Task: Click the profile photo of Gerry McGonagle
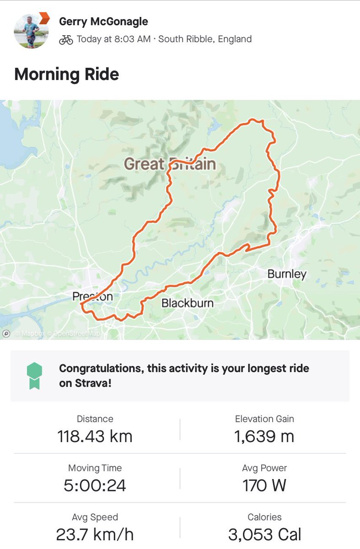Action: coord(31,31)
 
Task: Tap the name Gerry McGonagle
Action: coord(103,22)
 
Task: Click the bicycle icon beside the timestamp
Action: coord(66,39)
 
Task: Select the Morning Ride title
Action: coord(67,74)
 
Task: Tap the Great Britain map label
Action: coord(170,163)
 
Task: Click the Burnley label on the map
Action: coord(287,274)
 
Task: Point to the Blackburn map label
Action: coord(188,302)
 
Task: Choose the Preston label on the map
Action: coord(92,296)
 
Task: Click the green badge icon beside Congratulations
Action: coord(35,376)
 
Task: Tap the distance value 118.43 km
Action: coord(95,436)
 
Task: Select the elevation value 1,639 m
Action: coord(264,436)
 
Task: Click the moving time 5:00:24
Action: coord(95,485)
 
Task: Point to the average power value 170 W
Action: coord(264,485)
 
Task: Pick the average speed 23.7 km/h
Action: coord(95,534)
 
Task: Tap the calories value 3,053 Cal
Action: coord(264,534)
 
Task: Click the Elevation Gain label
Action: coord(264,419)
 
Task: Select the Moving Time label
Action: coord(95,468)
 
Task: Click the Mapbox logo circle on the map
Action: coord(6,334)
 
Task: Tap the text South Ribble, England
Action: coord(204,39)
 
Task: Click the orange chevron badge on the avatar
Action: coord(44,18)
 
